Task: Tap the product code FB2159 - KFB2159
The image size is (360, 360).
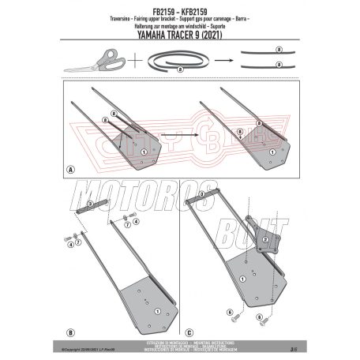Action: [x=180, y=7]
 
